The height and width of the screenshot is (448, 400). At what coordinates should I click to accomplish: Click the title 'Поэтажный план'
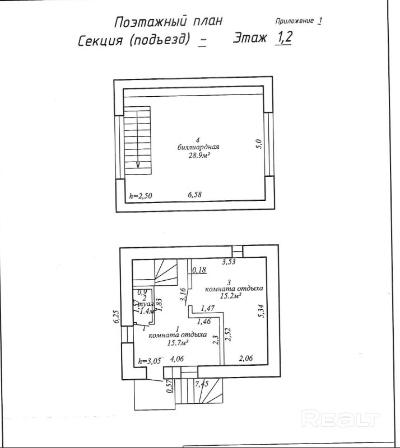(168, 21)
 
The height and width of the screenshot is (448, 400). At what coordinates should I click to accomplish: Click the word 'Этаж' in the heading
(250, 39)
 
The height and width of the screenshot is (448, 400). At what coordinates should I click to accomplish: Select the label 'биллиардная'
(198, 148)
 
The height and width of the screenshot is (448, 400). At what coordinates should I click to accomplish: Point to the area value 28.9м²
(198, 156)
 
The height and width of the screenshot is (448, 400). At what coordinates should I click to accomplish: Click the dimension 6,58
(195, 195)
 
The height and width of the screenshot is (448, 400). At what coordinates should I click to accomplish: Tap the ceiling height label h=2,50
(141, 196)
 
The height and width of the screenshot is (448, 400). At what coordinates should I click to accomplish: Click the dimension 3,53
(230, 261)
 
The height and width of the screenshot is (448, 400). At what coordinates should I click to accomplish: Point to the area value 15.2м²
(230, 296)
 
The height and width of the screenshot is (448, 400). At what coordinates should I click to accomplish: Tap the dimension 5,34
(260, 312)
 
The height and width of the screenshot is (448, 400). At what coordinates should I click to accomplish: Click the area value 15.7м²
(174, 342)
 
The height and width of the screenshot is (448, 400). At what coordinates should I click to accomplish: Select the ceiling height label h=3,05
(150, 361)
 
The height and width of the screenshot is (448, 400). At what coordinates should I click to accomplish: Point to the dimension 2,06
(247, 358)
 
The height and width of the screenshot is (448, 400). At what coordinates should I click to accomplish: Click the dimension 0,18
(199, 271)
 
